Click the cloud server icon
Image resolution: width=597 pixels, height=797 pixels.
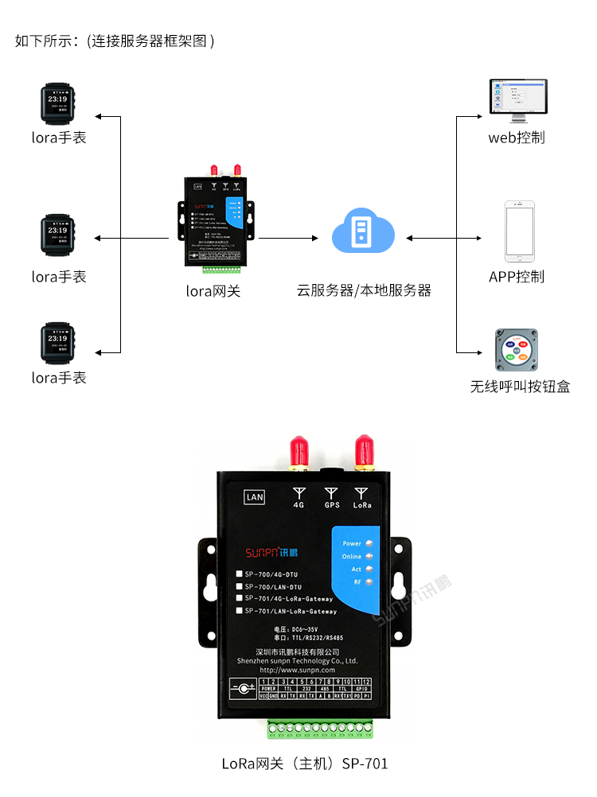click(x=363, y=231)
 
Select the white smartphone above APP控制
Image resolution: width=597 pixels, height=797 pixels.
click(x=519, y=231)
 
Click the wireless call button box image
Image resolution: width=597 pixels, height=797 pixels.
click(x=516, y=350)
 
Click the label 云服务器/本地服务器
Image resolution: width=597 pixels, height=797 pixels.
click(x=364, y=290)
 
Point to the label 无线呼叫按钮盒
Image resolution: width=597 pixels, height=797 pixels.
click(x=519, y=387)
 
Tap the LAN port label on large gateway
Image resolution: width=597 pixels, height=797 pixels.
click(x=255, y=497)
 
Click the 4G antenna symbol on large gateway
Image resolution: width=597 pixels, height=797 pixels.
click(x=299, y=493)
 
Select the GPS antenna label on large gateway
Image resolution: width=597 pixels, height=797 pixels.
click(x=332, y=505)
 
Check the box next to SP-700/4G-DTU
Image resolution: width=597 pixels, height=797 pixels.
click(x=239, y=574)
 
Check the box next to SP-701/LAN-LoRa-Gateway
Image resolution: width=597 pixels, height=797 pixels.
click(x=239, y=611)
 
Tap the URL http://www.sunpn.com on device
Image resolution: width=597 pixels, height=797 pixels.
click(x=298, y=670)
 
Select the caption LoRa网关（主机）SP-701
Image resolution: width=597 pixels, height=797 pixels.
click(x=305, y=764)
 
